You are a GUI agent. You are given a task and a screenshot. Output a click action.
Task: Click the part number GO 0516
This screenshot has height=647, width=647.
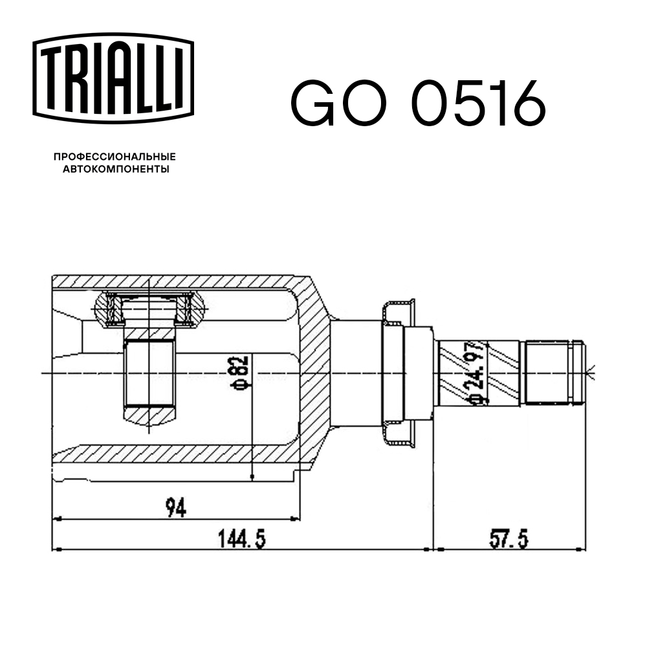tap(417, 104)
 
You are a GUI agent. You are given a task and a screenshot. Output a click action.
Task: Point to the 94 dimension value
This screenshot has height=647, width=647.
tap(175, 508)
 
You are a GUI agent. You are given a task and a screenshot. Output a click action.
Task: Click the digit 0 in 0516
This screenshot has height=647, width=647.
tap(433, 104)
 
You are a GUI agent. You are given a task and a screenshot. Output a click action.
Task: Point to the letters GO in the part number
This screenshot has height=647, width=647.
tap(340, 104)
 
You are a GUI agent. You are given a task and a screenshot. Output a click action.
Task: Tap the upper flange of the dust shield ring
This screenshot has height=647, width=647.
tap(397, 311)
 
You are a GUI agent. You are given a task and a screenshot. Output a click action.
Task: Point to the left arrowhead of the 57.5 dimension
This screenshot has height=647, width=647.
tap(436, 549)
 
